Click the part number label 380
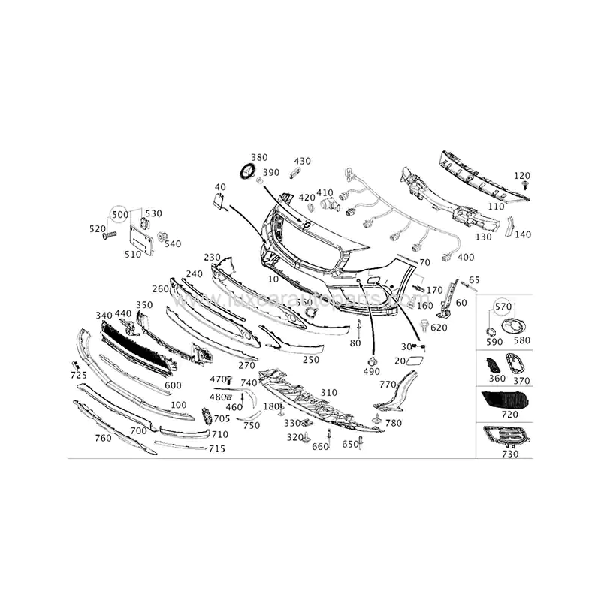258,158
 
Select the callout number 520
98,229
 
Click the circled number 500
119,214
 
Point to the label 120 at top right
522,176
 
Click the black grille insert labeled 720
503,399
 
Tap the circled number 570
503,307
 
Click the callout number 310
329,393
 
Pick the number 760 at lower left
103,438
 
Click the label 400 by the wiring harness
465,258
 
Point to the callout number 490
371,372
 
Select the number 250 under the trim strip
310,360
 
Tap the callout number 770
387,385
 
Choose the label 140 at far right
522,234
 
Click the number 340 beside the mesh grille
104,316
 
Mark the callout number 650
350,445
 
